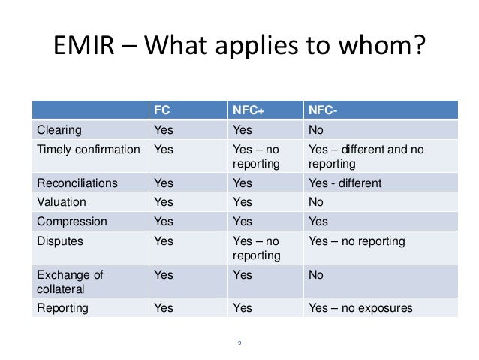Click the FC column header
pos(161,109)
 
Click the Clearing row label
pos(60,128)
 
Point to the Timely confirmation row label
pos(89,148)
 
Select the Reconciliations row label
pos(78,183)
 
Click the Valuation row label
pos(62,202)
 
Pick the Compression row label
pos(71,222)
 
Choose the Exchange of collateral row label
pos(71,282)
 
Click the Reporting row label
pos(62,308)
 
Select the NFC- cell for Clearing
pos(316,128)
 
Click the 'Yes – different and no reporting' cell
pos(366,155)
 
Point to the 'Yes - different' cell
pos(345,183)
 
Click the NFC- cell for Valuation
pos(316,202)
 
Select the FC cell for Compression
pos(163,222)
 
